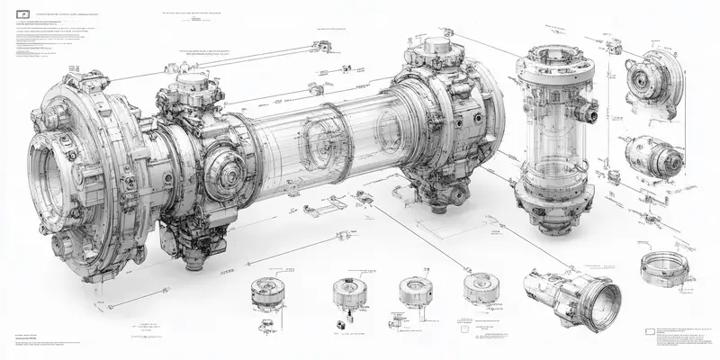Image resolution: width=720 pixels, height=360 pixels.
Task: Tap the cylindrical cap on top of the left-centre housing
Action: (191, 85)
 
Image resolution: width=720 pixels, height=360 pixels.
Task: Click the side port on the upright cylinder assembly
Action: (590, 112)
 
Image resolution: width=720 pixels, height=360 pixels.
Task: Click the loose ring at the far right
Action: (668, 266)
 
